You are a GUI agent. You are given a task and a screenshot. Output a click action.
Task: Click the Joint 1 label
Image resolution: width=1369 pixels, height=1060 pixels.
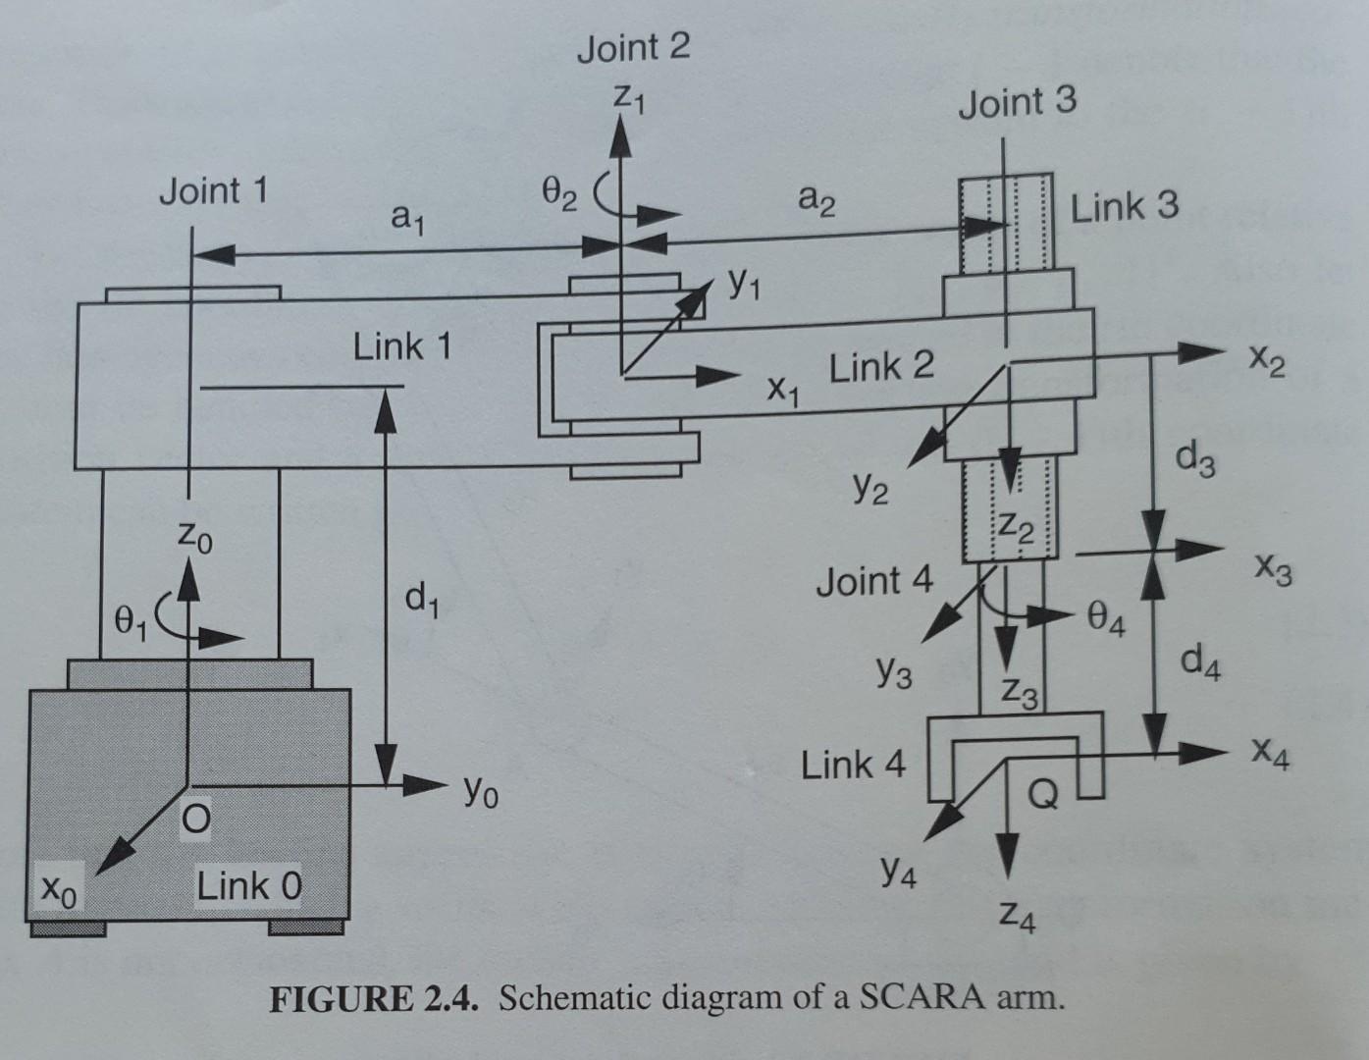click(213, 190)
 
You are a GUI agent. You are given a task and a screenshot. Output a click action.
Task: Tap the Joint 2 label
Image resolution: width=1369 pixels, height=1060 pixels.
click(633, 48)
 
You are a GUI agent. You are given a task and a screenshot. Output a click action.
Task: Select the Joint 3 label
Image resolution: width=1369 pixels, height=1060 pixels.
click(1017, 101)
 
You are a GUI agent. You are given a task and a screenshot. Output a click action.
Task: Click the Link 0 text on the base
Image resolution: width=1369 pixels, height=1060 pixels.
click(249, 886)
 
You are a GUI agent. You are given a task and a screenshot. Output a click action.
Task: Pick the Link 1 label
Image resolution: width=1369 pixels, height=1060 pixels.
click(402, 346)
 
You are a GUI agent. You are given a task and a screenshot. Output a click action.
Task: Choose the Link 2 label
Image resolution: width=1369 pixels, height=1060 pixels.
click(881, 368)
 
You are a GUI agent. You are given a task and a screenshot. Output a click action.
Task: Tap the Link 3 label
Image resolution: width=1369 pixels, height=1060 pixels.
click(1124, 207)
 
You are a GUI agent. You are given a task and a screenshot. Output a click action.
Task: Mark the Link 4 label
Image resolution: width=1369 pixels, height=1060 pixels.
click(853, 765)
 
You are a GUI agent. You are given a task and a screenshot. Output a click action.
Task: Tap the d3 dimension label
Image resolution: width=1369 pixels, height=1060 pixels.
click(1197, 459)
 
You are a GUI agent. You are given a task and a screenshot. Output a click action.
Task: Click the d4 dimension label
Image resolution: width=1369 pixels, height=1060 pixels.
click(1201, 669)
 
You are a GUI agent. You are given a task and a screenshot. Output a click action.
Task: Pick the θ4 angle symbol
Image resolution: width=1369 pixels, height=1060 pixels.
click(1107, 620)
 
